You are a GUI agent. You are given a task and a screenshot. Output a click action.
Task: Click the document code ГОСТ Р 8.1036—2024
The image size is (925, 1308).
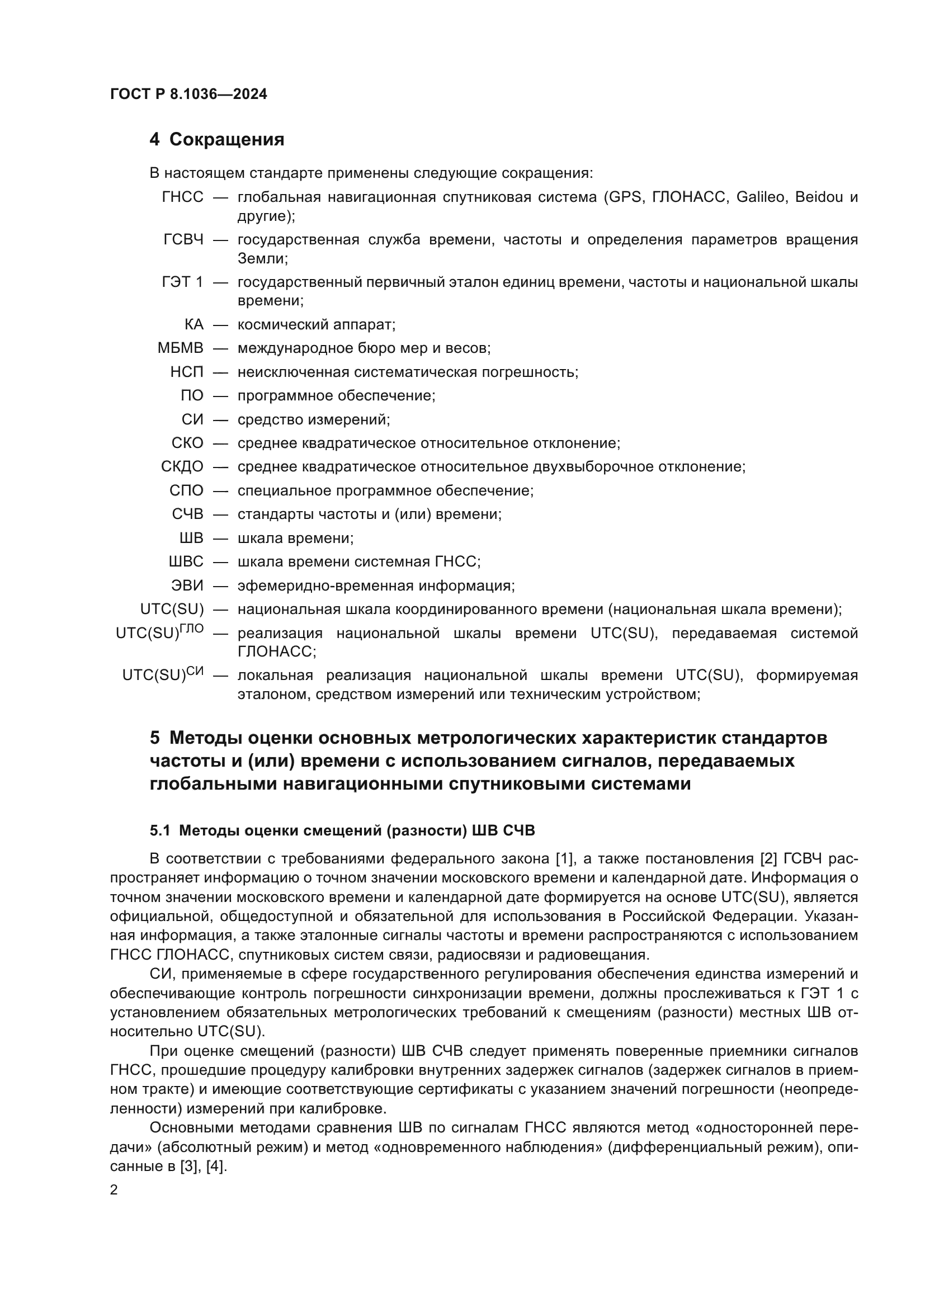(x=188, y=95)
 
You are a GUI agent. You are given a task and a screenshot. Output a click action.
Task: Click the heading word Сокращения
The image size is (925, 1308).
(x=226, y=140)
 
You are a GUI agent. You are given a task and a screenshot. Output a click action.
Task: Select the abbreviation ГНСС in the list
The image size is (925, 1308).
(x=182, y=197)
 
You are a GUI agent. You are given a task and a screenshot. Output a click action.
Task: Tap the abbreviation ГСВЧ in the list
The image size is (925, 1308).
(x=183, y=240)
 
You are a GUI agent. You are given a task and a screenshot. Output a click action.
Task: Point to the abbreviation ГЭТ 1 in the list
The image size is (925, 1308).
(x=182, y=282)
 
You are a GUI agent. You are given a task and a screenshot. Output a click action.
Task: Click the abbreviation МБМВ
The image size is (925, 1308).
(x=180, y=348)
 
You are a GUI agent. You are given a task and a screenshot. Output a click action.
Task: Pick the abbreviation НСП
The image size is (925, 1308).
(x=186, y=372)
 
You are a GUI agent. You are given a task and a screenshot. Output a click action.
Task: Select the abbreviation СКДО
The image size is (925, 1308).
(x=182, y=466)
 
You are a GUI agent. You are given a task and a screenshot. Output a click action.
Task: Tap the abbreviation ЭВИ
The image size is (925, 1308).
(x=187, y=585)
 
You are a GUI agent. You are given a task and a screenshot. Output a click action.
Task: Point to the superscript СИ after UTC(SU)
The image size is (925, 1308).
(x=195, y=671)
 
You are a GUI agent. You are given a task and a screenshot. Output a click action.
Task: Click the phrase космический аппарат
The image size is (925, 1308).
(x=316, y=325)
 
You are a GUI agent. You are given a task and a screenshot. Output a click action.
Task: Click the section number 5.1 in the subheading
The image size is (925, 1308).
(x=160, y=830)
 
